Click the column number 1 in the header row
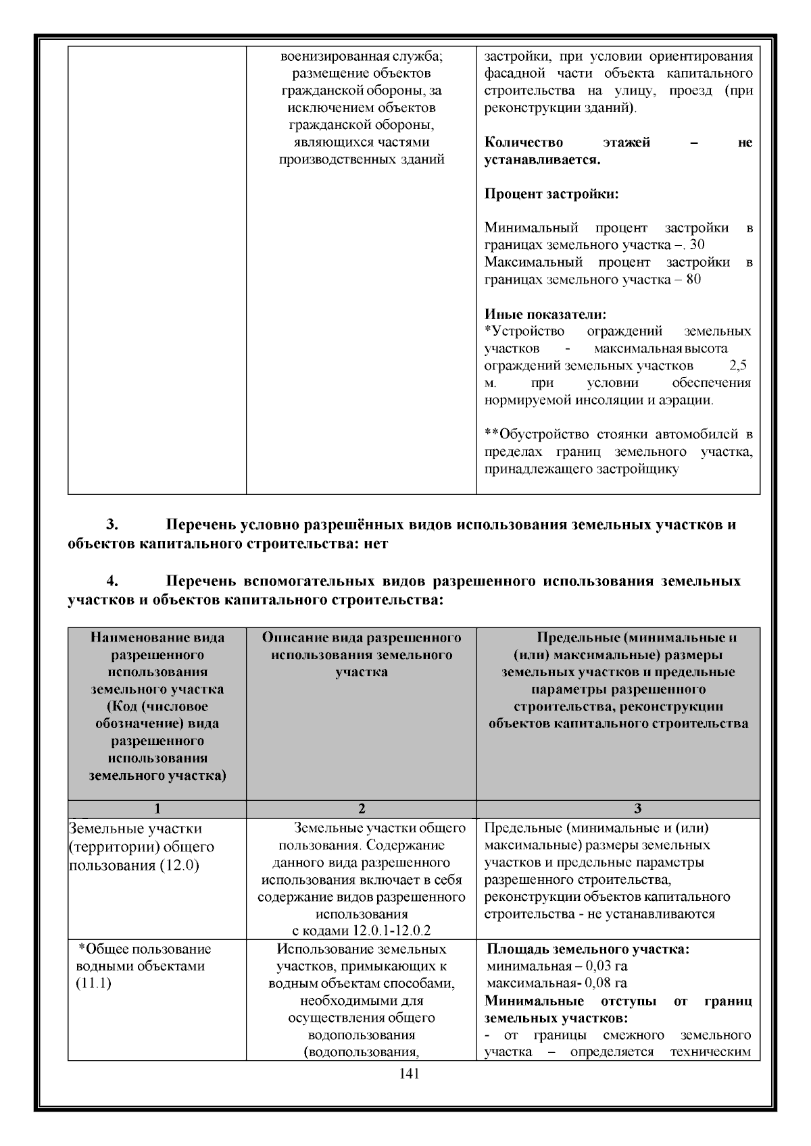click(157, 809)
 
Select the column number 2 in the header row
click(362, 809)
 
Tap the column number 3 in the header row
click(637, 809)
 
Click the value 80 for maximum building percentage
click(693, 279)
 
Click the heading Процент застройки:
click(551, 194)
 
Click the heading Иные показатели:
click(545, 315)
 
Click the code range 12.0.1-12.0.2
click(392, 931)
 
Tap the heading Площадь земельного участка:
click(588, 949)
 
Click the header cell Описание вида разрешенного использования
click(362, 654)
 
